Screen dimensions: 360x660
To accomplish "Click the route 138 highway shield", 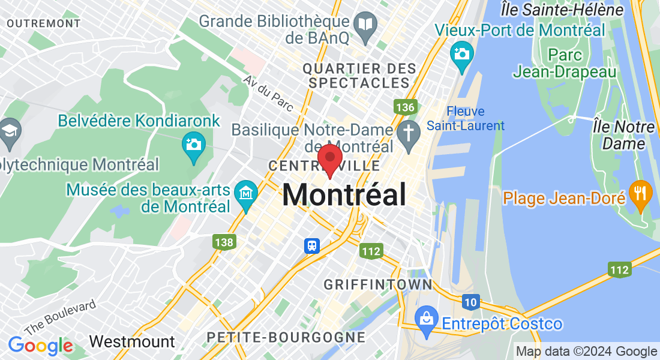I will [224, 242].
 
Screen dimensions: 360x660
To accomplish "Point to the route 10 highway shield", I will [470, 301].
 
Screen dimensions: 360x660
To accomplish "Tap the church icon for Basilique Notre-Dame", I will [409, 132].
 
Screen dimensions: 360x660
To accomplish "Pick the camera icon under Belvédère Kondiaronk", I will [194, 145].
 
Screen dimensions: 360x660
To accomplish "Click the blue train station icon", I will [312, 245].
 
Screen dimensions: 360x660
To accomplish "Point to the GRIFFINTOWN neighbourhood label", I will [377, 284].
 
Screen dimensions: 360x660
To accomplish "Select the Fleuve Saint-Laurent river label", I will [466, 119].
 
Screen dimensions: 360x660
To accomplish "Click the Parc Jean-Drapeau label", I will [564, 64].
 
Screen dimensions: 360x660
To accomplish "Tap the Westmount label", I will [132, 342].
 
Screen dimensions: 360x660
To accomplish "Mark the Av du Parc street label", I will [268, 94].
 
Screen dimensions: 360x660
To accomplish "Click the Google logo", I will [40, 346].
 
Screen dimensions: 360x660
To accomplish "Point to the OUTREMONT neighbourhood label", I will [44, 23].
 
